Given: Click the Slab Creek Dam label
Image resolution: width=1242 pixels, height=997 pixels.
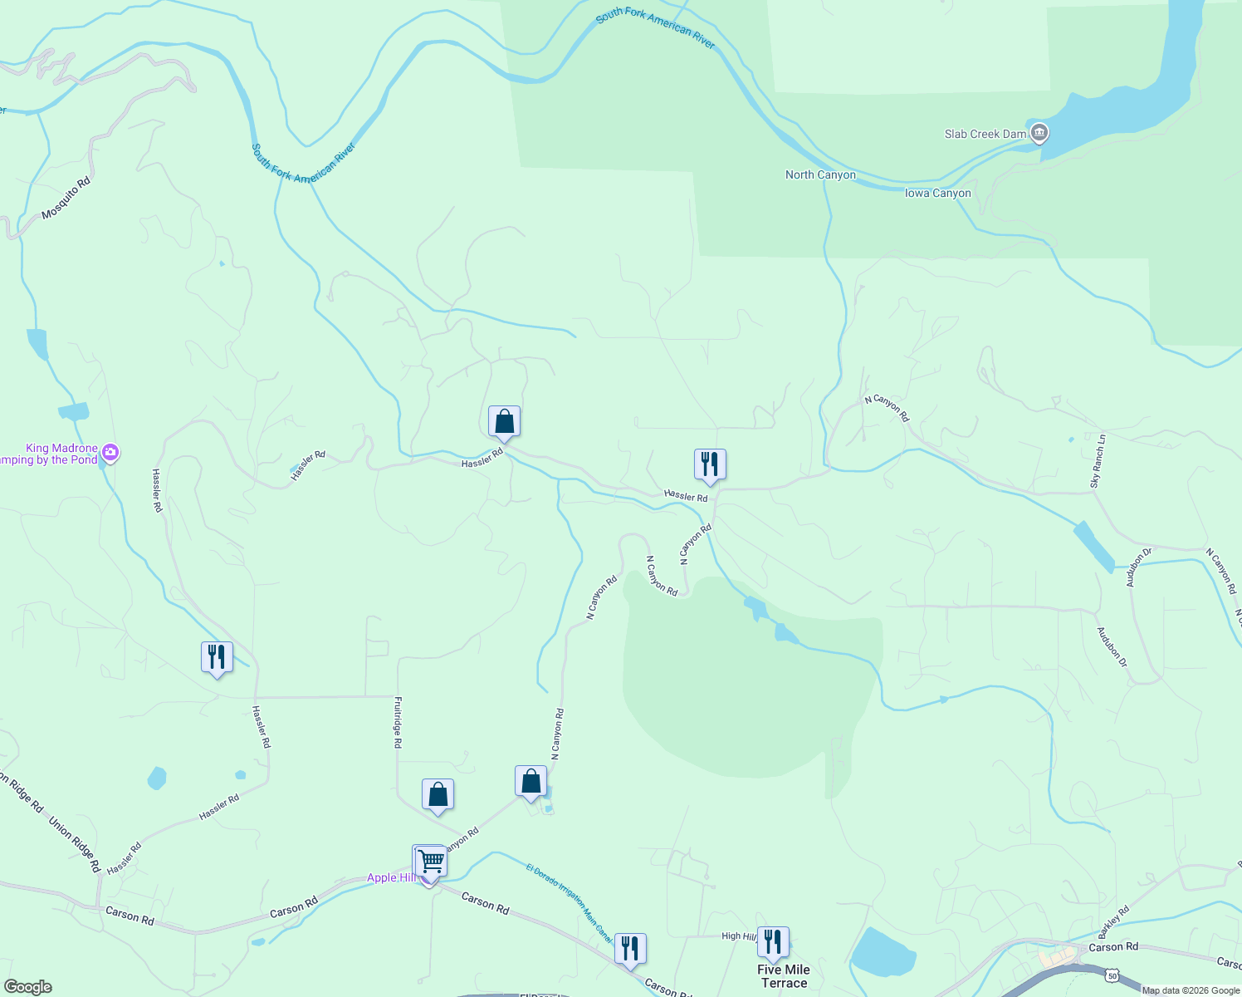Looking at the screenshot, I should pyautogui.click(x=985, y=134).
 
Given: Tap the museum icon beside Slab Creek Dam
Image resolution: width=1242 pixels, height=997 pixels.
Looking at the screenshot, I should pyautogui.click(x=1039, y=132).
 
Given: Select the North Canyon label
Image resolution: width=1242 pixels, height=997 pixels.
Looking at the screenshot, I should pyautogui.click(x=820, y=174).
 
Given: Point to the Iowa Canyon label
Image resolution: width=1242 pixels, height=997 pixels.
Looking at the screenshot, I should pyautogui.click(x=937, y=193).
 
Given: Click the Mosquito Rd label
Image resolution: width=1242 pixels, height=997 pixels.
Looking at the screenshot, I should pyautogui.click(x=66, y=198).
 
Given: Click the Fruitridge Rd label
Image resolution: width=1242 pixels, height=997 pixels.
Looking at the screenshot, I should pyautogui.click(x=398, y=722).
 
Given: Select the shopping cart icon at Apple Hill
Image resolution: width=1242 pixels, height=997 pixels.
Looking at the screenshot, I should pyautogui.click(x=429, y=862).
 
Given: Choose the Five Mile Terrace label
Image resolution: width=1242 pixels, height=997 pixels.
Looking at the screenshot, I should pyautogui.click(x=784, y=976).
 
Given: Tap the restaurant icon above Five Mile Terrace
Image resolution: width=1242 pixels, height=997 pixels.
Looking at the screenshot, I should pyautogui.click(x=773, y=942).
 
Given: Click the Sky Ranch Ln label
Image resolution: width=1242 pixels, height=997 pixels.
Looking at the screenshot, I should pyautogui.click(x=1098, y=460).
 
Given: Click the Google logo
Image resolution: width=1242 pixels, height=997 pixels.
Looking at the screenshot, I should pyautogui.click(x=27, y=987).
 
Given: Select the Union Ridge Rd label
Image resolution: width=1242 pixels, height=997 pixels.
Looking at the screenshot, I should pyautogui.click(x=75, y=844).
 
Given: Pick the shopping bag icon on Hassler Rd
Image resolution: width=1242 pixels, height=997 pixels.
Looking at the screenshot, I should pyautogui.click(x=504, y=421).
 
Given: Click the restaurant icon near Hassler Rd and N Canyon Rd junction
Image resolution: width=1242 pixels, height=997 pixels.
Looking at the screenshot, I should pyautogui.click(x=710, y=464).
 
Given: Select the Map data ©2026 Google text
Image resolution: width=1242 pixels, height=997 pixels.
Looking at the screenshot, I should pyautogui.click(x=1190, y=990).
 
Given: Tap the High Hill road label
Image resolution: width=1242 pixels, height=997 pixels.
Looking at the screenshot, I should pyautogui.click(x=738, y=936).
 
